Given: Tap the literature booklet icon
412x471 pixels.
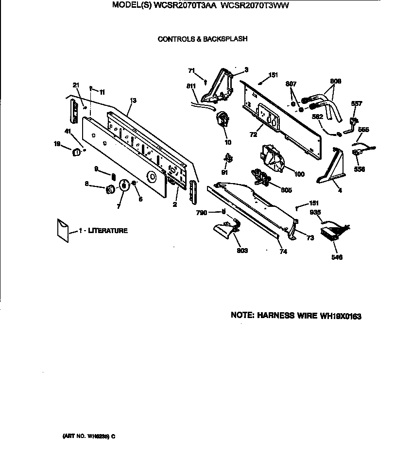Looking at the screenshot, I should [x=63, y=230].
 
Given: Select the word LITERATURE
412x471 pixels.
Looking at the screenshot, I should [x=108, y=231].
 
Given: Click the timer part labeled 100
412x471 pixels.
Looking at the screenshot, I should [x=272, y=158].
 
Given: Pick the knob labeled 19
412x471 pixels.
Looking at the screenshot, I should [x=75, y=153].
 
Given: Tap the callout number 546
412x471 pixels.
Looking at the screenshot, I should [x=336, y=257].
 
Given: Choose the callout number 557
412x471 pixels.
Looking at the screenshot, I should [x=357, y=103].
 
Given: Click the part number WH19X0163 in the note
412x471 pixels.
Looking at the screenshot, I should [x=340, y=316].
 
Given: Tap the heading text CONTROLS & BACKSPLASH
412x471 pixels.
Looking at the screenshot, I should [x=203, y=39].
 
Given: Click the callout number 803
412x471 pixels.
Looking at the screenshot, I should [x=242, y=251].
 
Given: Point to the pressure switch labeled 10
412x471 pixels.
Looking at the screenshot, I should [x=223, y=119].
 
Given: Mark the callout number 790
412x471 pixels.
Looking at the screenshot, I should [x=202, y=212].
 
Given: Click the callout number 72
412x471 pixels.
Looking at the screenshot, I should [x=253, y=133].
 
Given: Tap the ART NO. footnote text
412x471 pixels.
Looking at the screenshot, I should [x=88, y=436].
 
